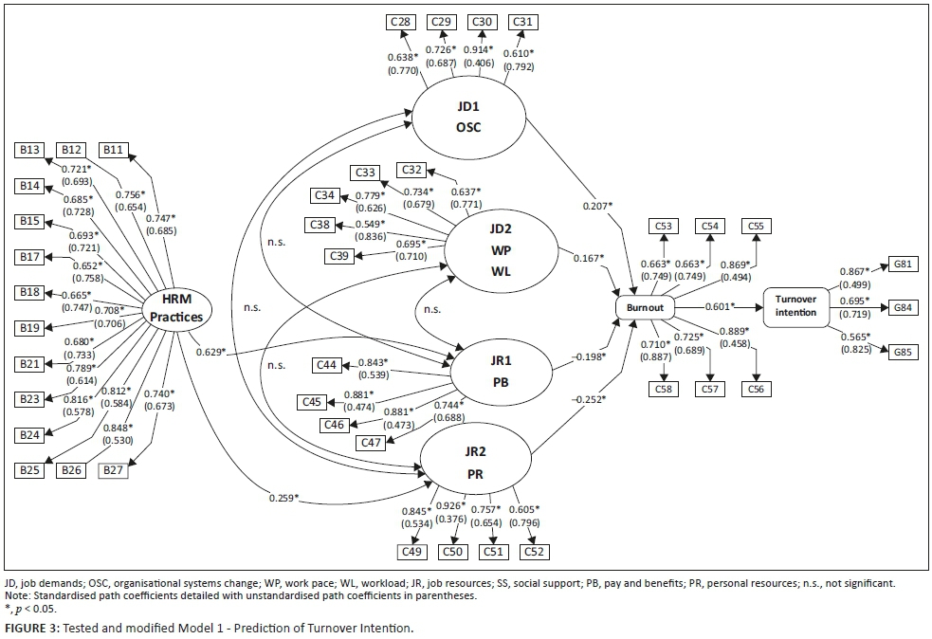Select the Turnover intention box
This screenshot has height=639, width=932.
point(795,306)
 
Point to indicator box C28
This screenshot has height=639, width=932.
point(399,22)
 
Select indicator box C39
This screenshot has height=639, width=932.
point(338,256)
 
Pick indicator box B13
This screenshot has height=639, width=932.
point(28,150)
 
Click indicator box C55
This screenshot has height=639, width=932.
point(758,226)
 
